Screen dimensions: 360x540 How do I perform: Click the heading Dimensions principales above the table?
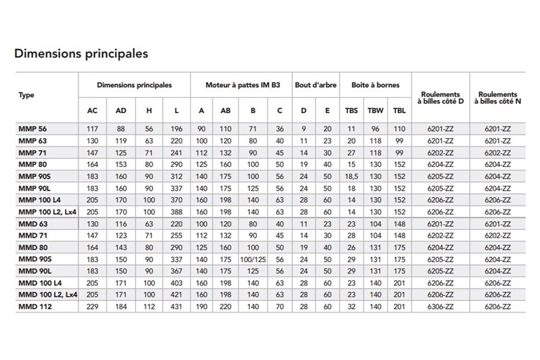(81, 54)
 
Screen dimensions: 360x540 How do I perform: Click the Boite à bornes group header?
(375, 85)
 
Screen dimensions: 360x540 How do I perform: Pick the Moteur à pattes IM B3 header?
(240, 85)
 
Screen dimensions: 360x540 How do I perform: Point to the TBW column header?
(375, 110)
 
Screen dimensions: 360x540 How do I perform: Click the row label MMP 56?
(31, 128)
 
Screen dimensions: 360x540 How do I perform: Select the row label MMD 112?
(32, 306)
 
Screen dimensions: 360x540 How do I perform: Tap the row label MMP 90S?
(33, 176)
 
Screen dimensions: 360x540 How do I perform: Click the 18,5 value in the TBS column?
(351, 176)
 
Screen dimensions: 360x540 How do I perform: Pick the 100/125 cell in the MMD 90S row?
(253, 258)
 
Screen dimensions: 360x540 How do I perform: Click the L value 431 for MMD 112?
(177, 306)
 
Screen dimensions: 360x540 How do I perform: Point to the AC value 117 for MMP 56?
(92, 128)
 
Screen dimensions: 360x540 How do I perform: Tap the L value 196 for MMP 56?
(177, 128)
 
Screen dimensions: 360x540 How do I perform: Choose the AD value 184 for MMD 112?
(120, 306)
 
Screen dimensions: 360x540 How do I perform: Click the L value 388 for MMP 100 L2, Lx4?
(177, 212)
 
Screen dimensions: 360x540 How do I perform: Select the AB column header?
(226, 110)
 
